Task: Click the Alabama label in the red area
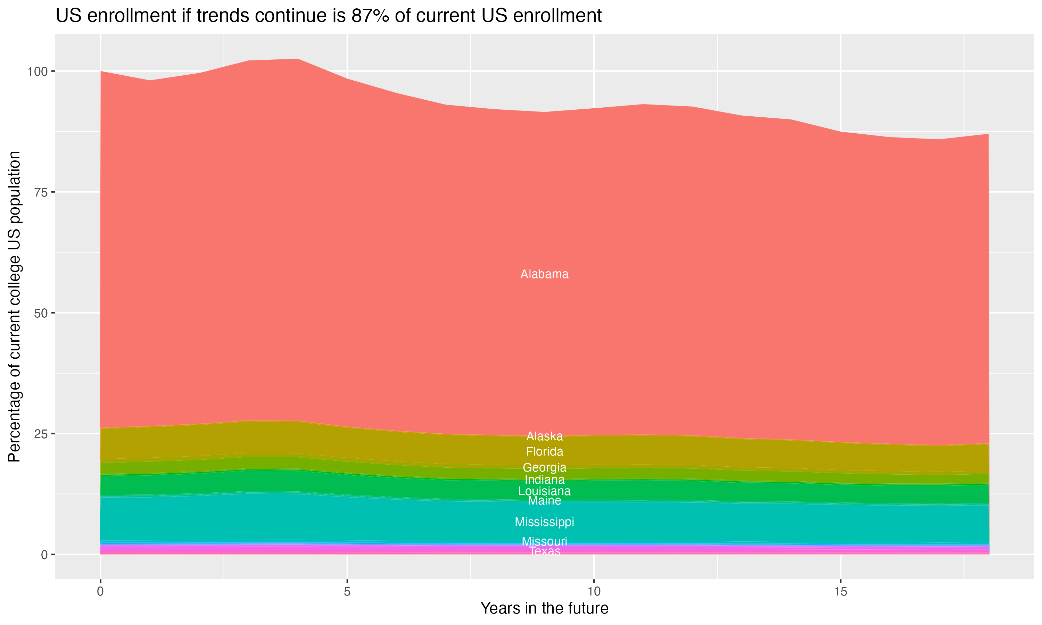coord(544,274)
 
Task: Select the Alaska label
coord(544,436)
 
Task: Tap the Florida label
coord(544,452)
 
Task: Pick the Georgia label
coord(544,467)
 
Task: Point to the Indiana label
coord(544,480)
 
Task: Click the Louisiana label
coord(544,491)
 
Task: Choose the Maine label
coord(544,501)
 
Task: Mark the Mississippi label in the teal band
coord(544,522)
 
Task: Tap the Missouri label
coord(544,541)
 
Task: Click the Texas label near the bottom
coord(544,551)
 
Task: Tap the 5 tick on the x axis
coord(347,592)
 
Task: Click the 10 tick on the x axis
coord(594,592)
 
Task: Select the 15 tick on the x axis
coord(840,592)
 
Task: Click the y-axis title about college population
coord(14,307)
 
